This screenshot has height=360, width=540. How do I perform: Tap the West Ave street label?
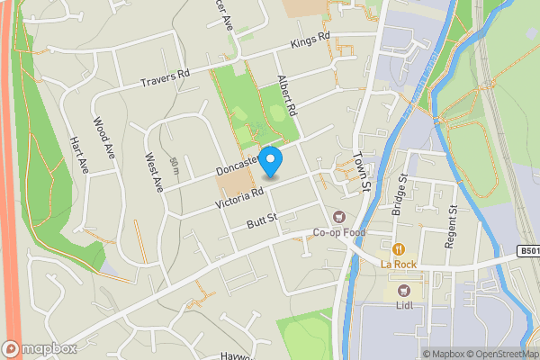153,170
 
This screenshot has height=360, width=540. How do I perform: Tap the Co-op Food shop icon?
339,216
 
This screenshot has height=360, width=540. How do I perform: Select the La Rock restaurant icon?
397,247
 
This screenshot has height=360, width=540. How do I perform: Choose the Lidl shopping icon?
402,291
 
